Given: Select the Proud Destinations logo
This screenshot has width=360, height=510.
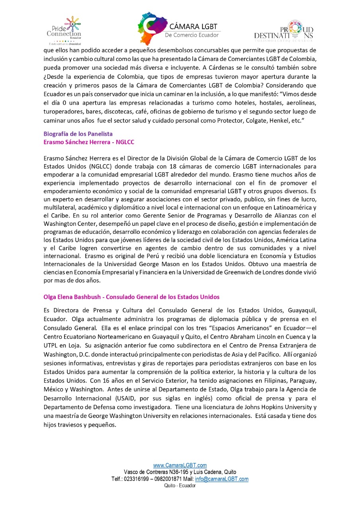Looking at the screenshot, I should point(284,31).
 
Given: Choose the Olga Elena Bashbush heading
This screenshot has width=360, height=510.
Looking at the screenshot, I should point(131,297).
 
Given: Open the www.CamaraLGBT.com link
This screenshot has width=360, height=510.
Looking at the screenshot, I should point(180,465).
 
